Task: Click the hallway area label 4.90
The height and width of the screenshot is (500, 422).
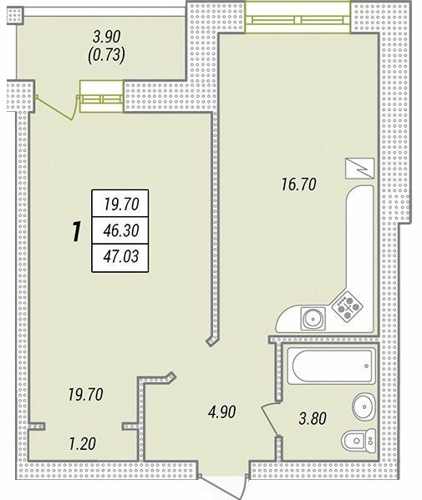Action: [225, 412]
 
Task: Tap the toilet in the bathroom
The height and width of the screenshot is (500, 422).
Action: [356, 439]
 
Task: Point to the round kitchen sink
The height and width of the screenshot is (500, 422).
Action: [313, 319]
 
